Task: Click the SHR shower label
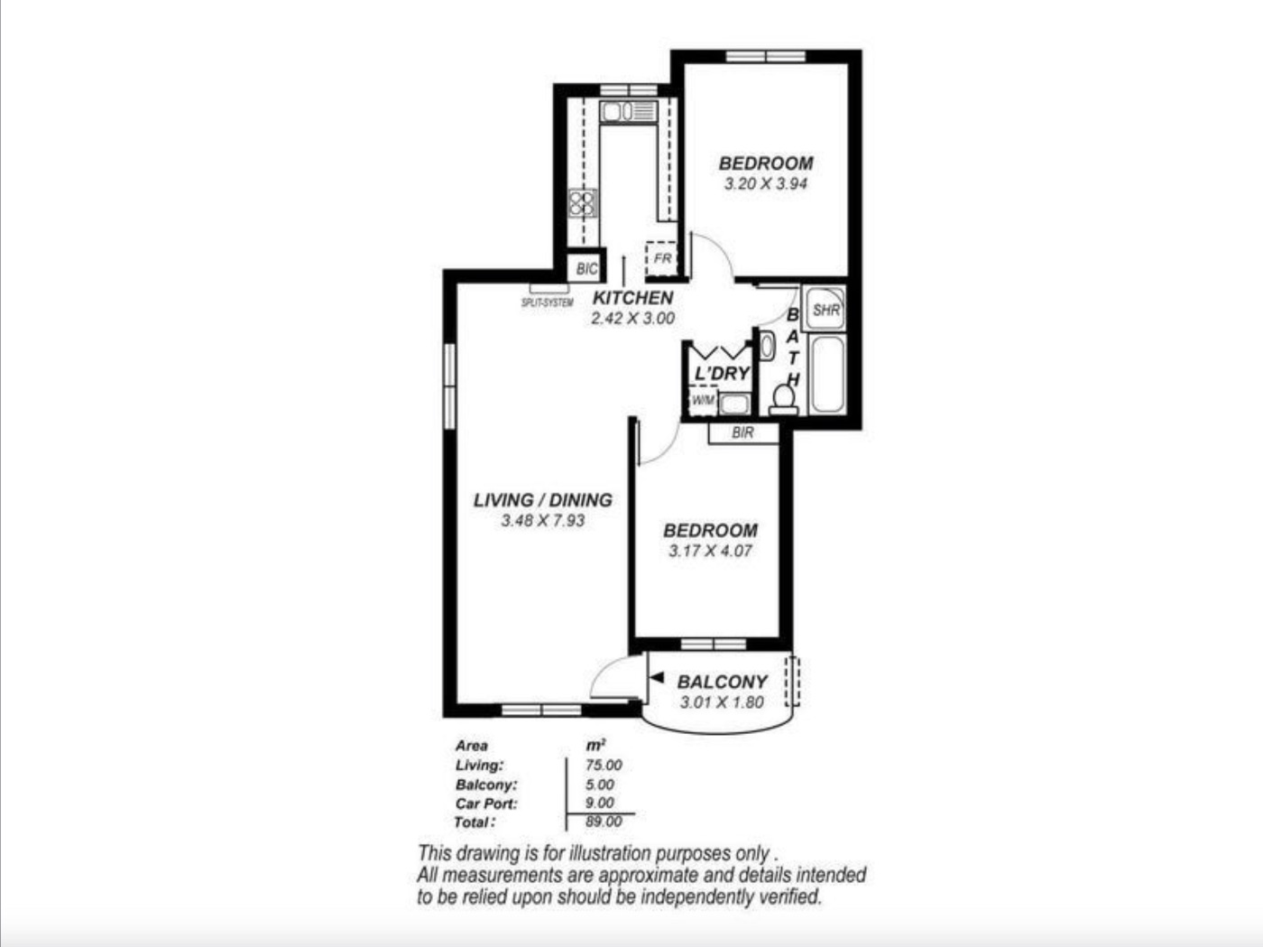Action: (x=825, y=310)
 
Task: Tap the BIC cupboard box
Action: (x=587, y=268)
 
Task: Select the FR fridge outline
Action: (x=661, y=259)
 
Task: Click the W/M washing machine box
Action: (x=703, y=400)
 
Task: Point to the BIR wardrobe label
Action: (x=742, y=432)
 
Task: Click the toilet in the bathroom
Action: (x=784, y=400)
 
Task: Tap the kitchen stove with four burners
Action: (x=582, y=203)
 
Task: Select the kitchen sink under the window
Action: (x=629, y=111)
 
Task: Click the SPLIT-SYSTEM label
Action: (x=548, y=302)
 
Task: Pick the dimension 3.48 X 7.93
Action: (x=542, y=520)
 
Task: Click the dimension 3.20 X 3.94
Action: (x=765, y=184)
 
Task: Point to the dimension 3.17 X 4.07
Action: (x=710, y=551)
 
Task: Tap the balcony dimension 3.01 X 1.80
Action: (x=722, y=702)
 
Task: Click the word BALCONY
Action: (x=722, y=682)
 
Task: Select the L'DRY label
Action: (x=722, y=374)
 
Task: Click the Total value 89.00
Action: (x=604, y=822)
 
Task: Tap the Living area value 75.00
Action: (x=604, y=765)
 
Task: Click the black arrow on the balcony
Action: (x=657, y=678)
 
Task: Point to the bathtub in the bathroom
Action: (x=827, y=374)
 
